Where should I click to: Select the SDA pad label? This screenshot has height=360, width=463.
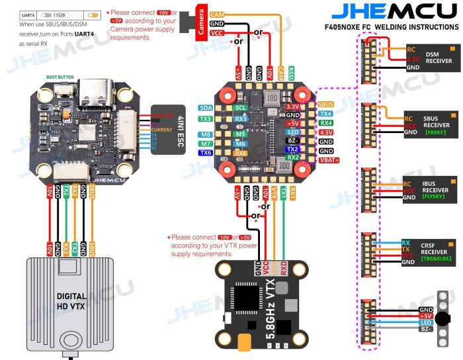pos(206,107)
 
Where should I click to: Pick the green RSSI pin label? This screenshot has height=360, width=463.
pos(292,71)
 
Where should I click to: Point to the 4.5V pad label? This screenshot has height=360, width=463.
pos(326,132)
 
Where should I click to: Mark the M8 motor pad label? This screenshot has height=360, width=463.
pos(206,134)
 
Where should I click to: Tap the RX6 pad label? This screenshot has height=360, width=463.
pos(241,153)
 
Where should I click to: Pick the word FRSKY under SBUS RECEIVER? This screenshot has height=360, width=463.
pos(429,132)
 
